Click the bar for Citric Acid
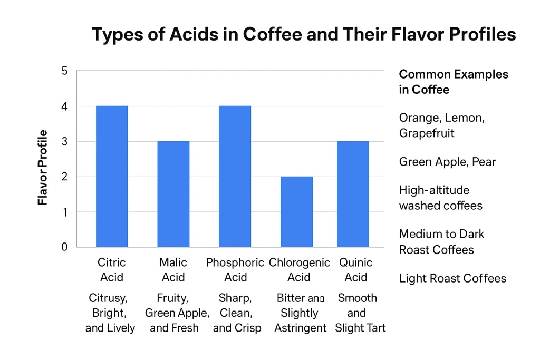point(111,177)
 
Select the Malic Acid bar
point(173,194)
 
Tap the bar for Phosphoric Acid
point(235,177)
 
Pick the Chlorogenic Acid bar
point(296,211)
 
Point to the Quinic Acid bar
point(353,194)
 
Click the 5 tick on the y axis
point(65,71)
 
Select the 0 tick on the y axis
point(65,247)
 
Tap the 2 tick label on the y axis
point(65,177)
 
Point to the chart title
point(304,35)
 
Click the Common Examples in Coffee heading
point(453,82)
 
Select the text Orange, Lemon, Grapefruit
point(441,125)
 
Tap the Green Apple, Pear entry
point(447,162)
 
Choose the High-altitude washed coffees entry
point(440,198)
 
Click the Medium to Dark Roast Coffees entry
point(441,241)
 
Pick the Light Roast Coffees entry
point(452,278)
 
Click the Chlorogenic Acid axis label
point(299,269)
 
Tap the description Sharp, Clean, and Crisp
point(237,313)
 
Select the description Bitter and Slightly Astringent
point(300,313)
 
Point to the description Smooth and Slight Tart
point(357,313)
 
